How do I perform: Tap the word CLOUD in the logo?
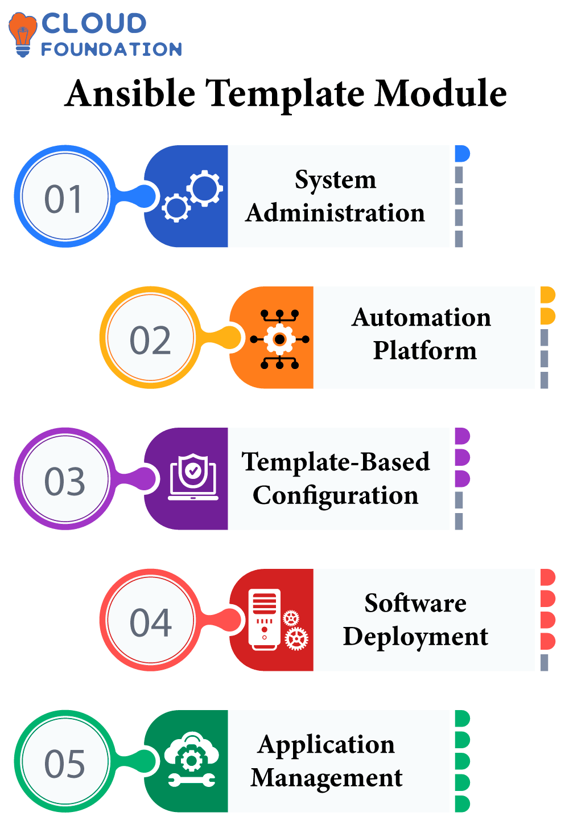coord(94,23)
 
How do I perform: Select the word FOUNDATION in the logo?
coord(112,50)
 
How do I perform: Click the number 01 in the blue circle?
coord(64,199)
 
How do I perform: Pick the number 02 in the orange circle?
coord(150,341)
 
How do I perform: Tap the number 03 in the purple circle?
coord(64,481)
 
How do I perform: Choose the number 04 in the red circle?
coord(150,622)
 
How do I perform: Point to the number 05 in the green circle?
coord(64,764)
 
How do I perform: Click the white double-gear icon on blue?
coord(192,196)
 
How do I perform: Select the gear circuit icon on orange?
coord(279,339)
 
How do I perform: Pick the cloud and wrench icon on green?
coord(192,760)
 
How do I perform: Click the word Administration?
coord(335,213)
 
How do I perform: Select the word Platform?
coord(424,350)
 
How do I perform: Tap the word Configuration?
coord(335,495)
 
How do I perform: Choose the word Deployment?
coord(415,637)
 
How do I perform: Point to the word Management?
coord(327,778)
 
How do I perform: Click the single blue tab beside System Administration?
coord(461,154)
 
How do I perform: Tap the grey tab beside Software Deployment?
coord(545,662)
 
